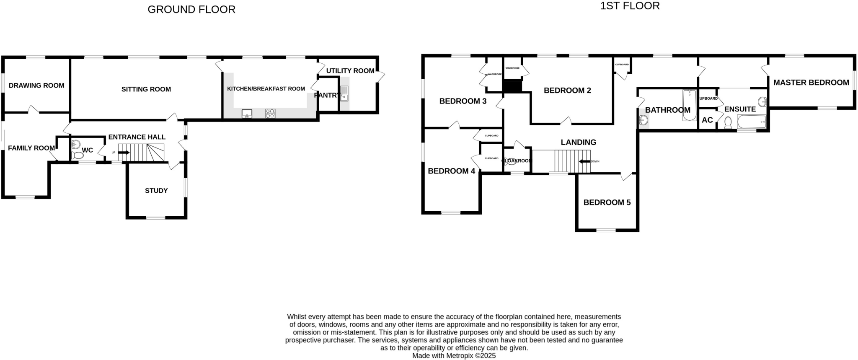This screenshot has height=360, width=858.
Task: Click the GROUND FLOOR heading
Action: point(191,9)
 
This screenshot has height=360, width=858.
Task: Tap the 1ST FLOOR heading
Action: point(630,6)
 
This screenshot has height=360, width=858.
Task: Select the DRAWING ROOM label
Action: point(36,85)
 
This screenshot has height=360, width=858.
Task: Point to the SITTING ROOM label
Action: point(146,89)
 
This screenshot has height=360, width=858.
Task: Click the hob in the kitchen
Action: point(270,113)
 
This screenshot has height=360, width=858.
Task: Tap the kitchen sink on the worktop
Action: point(247,113)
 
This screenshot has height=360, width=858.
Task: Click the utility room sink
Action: point(344,93)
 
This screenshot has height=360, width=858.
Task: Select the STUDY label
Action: point(156,191)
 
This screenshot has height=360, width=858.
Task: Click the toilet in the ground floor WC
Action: point(77,155)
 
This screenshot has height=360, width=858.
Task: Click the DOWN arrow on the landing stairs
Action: point(584,161)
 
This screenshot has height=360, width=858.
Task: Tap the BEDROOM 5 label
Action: point(607,202)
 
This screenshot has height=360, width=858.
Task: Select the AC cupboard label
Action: point(707,120)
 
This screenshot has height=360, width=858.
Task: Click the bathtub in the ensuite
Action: point(752,122)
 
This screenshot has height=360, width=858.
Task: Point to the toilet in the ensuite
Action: point(728,122)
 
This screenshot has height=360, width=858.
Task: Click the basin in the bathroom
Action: point(643,121)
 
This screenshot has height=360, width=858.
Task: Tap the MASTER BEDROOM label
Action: point(811,83)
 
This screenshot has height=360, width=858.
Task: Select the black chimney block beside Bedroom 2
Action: point(512,86)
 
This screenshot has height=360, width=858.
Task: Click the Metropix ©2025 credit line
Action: point(454,356)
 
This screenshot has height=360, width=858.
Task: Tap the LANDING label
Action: point(578,142)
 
